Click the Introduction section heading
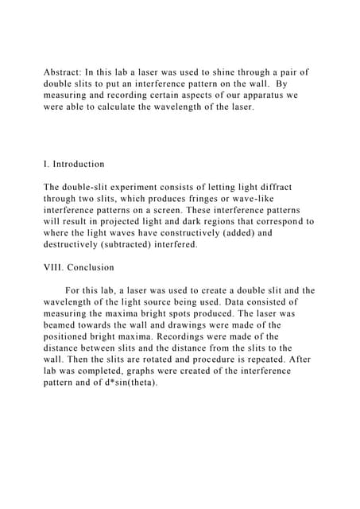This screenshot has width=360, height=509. click(x=79, y=164)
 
